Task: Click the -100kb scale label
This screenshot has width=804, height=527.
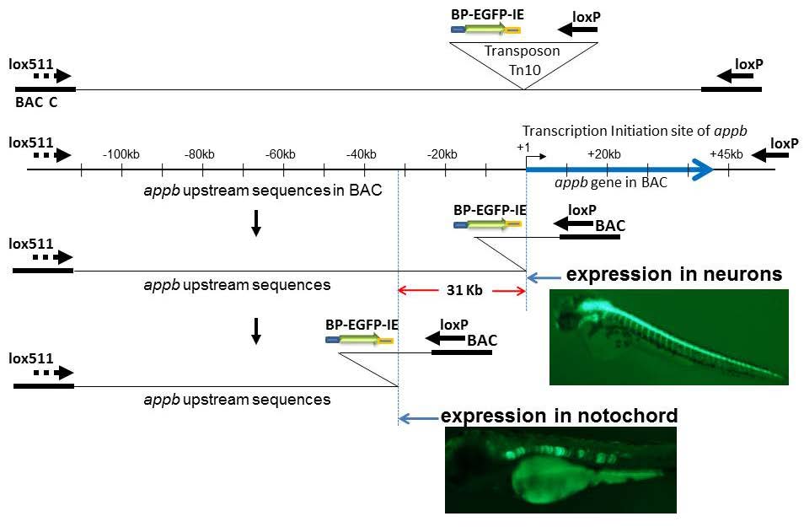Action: click(x=121, y=154)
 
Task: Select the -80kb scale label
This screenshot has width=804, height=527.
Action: click(x=201, y=154)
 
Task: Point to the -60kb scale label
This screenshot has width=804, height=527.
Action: click(x=280, y=154)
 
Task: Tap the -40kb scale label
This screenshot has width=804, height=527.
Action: click(x=361, y=154)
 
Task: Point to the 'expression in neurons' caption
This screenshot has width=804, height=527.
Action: click(x=674, y=275)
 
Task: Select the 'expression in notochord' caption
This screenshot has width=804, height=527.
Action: click(x=560, y=416)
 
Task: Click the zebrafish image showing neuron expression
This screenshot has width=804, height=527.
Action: click(x=668, y=337)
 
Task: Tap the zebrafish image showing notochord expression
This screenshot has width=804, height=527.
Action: click(x=560, y=470)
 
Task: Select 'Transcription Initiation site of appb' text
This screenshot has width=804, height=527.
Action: click(x=635, y=131)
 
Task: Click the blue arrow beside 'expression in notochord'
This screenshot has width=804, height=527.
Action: click(x=416, y=417)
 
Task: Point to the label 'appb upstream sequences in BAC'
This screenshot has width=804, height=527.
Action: click(x=264, y=190)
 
